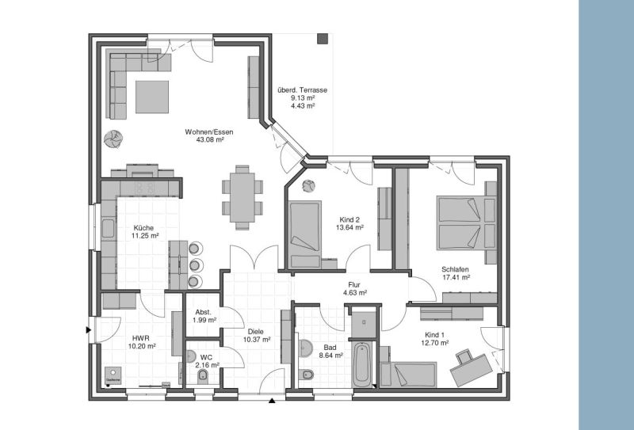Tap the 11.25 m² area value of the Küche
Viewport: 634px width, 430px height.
point(145,236)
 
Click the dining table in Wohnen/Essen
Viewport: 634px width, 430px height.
point(242,196)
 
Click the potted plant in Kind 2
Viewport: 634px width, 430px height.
point(308,187)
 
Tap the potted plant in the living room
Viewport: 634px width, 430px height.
point(113,139)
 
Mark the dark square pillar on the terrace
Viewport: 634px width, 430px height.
point(323,39)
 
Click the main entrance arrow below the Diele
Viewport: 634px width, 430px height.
point(273,401)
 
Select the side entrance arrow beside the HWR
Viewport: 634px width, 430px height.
point(89,329)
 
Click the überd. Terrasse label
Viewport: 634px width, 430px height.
point(302,90)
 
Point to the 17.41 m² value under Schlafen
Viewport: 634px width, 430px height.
point(456,278)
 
